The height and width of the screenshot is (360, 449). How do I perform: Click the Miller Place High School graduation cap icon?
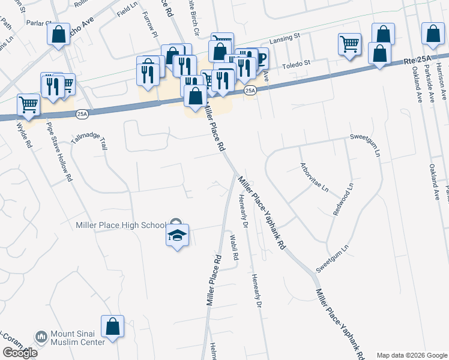pyautogui.click(x=177, y=235)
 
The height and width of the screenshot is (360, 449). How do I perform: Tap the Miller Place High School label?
pyautogui.click(x=121, y=225)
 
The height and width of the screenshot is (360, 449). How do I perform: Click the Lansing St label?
pyautogui.click(x=285, y=37)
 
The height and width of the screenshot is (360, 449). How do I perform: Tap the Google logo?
pyautogui.click(x=19, y=353)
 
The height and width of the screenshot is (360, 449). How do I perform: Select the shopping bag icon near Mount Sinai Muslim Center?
pyautogui.click(x=112, y=327)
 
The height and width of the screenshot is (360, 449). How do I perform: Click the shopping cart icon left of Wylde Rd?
pyautogui.click(x=28, y=105)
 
